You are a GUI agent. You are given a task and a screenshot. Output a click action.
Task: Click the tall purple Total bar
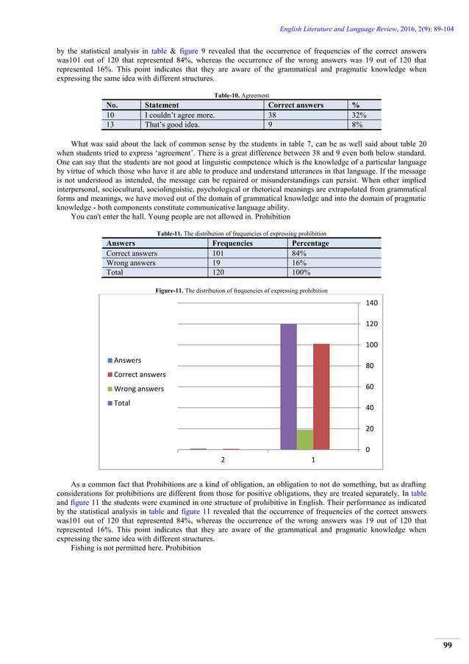288,386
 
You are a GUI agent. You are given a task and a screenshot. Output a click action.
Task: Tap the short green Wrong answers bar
304,439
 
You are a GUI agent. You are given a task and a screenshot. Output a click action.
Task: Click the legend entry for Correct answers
140,374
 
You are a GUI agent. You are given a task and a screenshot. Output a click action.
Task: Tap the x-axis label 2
222,460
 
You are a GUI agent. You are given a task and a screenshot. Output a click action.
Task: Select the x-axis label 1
313,460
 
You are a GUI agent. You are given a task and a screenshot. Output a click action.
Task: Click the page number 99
447,645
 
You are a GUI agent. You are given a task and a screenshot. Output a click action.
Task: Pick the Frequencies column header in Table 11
232,243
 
